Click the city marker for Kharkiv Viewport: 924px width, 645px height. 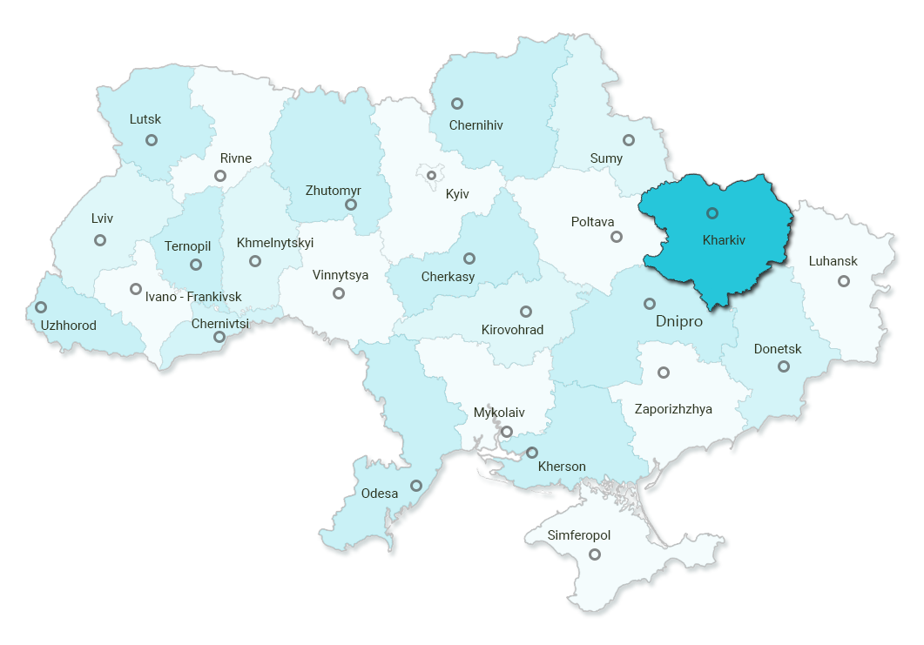click(712, 213)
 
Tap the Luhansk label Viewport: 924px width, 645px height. click(833, 261)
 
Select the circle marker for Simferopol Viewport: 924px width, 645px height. click(595, 554)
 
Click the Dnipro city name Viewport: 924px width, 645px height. click(678, 322)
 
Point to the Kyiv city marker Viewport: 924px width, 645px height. click(431, 176)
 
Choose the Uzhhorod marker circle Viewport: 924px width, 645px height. click(41, 307)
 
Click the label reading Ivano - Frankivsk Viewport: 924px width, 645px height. click(193, 297)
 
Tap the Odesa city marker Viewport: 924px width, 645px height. click(416, 486)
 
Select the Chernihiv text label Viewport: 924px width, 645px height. click(475, 125)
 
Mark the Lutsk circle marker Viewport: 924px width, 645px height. click(152, 140)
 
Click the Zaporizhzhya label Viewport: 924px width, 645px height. click(673, 409)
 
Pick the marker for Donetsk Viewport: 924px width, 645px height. click(784, 366)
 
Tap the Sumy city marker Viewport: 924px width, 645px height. click(629, 140)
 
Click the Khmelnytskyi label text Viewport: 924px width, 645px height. click(275, 243)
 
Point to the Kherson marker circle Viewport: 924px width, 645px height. click(532, 453)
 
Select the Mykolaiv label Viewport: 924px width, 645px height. click(499, 413)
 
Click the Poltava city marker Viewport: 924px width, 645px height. click(617, 237)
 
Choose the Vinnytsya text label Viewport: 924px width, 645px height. click(341, 275)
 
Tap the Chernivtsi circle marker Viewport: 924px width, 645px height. click(219, 337)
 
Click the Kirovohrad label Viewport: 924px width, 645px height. click(512, 330)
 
